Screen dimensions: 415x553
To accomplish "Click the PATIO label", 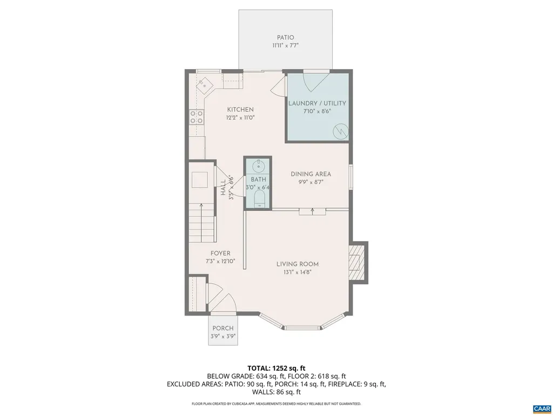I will [285, 37].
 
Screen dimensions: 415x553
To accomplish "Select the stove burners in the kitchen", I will [196, 117].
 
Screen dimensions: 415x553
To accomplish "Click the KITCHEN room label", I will [240, 110].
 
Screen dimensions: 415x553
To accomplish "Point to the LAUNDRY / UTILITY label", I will [317, 103].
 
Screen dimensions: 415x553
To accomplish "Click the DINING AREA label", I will [311, 174].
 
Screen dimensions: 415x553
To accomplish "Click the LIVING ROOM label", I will [298, 264].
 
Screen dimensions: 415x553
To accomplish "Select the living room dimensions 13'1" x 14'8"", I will [298, 272].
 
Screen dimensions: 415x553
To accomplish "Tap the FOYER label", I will [220, 253].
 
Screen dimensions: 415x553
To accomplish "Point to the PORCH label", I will [222, 329].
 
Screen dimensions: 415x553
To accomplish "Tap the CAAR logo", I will [541, 407].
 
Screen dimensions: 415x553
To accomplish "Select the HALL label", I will [223, 187].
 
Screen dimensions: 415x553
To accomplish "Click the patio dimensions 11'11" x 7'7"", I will [285, 46].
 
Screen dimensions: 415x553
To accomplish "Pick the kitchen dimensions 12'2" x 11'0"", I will [240, 117].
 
